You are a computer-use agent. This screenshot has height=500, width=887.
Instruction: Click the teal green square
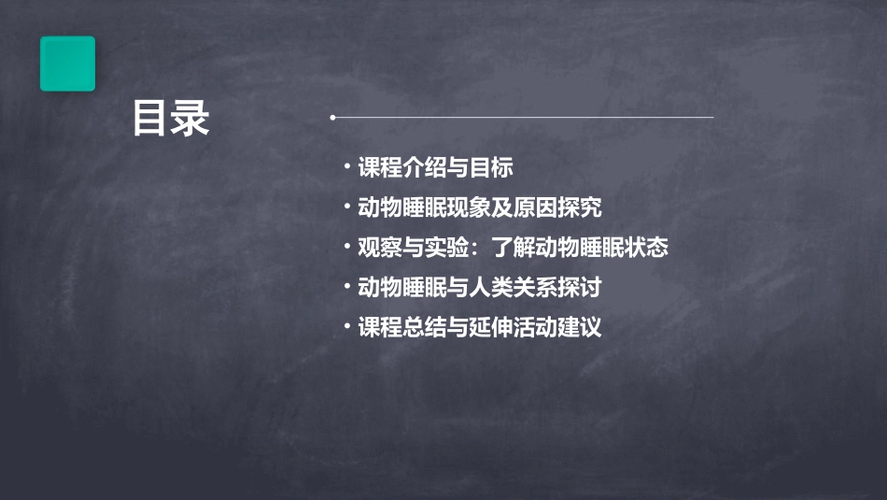click(x=67, y=64)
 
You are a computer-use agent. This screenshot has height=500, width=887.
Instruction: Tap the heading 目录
click(x=170, y=120)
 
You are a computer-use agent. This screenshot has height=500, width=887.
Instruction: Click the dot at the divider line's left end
click(x=332, y=118)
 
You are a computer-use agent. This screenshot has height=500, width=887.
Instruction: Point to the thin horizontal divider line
click(x=523, y=118)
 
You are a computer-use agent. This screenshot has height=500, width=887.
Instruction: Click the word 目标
click(x=491, y=168)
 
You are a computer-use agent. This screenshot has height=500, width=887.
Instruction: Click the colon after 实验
click(x=476, y=249)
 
